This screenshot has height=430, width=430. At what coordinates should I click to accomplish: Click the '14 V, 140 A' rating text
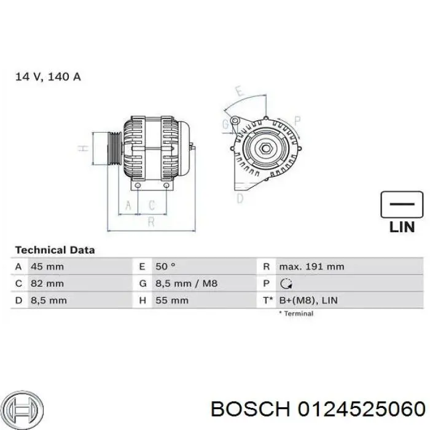coord(48,77)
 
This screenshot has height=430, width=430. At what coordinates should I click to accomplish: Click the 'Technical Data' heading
coord(55,250)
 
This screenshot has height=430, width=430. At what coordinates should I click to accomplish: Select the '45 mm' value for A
coord(47,267)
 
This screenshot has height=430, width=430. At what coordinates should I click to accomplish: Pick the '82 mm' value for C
coord(47,284)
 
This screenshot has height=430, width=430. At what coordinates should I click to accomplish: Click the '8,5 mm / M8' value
coord(187,284)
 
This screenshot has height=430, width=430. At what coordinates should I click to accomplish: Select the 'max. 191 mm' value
coord(311,267)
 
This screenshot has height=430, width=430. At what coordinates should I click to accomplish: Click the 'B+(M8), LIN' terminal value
coord(308,300)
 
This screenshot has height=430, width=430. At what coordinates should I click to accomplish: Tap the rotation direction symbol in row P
coord(286,284)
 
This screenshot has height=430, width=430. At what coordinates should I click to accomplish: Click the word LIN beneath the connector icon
coord(402,227)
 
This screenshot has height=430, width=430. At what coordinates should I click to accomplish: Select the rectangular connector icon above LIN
coord(402,204)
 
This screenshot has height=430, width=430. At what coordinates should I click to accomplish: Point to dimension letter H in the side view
coord(80,148)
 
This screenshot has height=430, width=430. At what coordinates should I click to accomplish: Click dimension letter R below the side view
coord(150,222)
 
